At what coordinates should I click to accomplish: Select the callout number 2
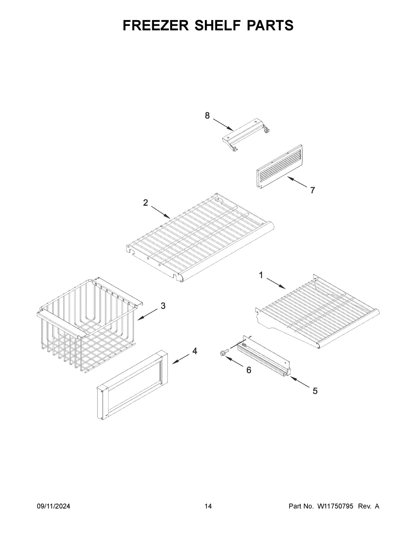pyautogui.click(x=146, y=203)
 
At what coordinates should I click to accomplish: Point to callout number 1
pyautogui.click(x=261, y=275)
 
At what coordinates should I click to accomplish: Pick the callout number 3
pyautogui.click(x=163, y=306)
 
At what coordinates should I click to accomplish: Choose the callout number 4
pyautogui.click(x=195, y=351)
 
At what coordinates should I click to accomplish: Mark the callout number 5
pyautogui.click(x=315, y=391)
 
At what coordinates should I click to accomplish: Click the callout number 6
pyautogui.click(x=249, y=370)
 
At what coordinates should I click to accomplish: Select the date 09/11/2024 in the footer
pyautogui.click(x=53, y=506)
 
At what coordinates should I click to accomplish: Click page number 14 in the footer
pyautogui.click(x=208, y=506)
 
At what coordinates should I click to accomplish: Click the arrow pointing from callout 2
pyautogui.click(x=160, y=212)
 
